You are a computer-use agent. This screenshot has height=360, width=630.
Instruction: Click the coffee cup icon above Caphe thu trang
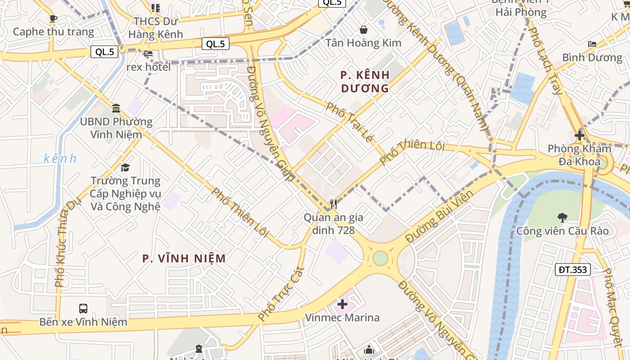click(x=54, y=18)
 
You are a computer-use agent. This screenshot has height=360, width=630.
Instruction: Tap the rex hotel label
click(x=148, y=67)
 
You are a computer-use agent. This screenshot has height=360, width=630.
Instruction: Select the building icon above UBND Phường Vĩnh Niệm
click(x=116, y=108)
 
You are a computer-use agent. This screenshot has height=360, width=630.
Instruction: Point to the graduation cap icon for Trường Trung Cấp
click(x=126, y=167)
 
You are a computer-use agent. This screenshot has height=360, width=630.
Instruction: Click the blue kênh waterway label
click(x=60, y=158)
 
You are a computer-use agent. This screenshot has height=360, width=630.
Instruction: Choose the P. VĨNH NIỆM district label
click(x=184, y=258)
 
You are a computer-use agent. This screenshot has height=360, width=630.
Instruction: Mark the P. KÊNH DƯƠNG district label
click(x=365, y=81)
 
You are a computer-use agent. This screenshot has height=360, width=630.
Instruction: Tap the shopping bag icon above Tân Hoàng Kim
click(x=363, y=30)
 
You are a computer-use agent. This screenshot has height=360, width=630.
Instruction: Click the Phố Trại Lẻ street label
click(x=350, y=122)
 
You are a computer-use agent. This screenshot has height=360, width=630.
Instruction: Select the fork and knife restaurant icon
click(x=333, y=204)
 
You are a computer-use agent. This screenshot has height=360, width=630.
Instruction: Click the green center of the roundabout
click(x=380, y=258)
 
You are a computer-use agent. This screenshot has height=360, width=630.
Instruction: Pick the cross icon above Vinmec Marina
click(x=342, y=304)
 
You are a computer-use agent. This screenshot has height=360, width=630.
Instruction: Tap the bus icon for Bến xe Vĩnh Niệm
click(x=83, y=309)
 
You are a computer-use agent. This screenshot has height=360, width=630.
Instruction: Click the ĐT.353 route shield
click(x=572, y=270)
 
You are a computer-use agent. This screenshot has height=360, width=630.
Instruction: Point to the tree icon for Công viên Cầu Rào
click(x=562, y=218)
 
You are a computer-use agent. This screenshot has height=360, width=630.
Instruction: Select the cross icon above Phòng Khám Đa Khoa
click(x=580, y=135)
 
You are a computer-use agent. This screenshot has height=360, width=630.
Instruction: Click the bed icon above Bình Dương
click(x=592, y=44)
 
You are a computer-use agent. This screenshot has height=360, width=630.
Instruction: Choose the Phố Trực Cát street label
click(x=282, y=294)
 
